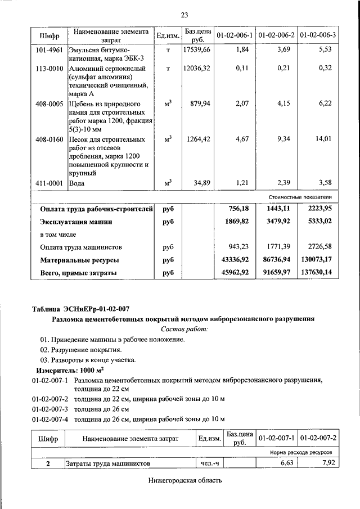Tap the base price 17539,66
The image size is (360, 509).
[197, 50]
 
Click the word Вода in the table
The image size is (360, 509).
[76, 183]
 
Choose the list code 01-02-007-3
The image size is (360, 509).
[50, 409]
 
